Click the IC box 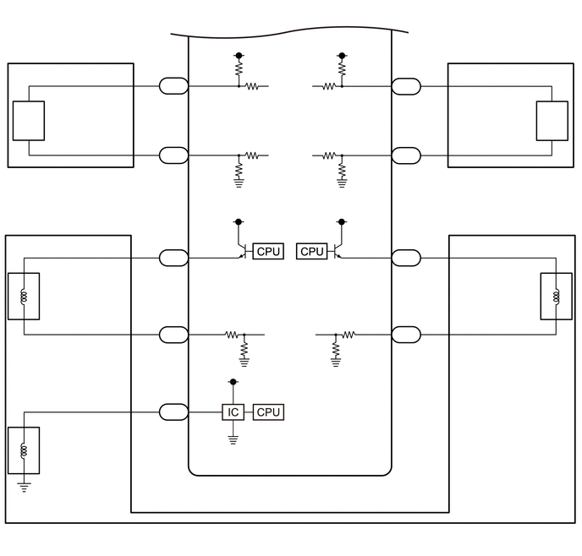pyautogui.click(x=233, y=412)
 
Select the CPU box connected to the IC pyautogui.click(x=268, y=412)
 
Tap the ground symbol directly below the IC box pyautogui.click(x=233, y=440)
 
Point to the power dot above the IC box pyautogui.click(x=233, y=381)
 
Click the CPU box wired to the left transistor pyautogui.click(x=268, y=251)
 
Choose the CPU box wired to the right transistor pyautogui.click(x=312, y=251)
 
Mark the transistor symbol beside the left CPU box pyautogui.click(x=242, y=251)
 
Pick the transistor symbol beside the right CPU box pyautogui.click(x=338, y=251)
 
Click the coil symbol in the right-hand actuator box pyautogui.click(x=556, y=297)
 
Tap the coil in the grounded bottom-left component pyautogui.click(x=25, y=450)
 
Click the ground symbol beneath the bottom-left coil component pyautogui.click(x=25, y=488)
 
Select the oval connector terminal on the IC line pyautogui.click(x=173, y=412)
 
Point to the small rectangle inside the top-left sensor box pyautogui.click(x=29, y=121)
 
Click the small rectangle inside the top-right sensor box pyautogui.click(x=552, y=121)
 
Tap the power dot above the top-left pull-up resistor pyautogui.click(x=239, y=55)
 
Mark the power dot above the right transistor pyautogui.click(x=342, y=221)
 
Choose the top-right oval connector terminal pyautogui.click(x=406, y=86)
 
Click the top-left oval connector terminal pyautogui.click(x=173, y=86)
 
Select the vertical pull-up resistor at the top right pyautogui.click(x=342, y=69)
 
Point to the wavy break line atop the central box pyautogui.click(x=289, y=31)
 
